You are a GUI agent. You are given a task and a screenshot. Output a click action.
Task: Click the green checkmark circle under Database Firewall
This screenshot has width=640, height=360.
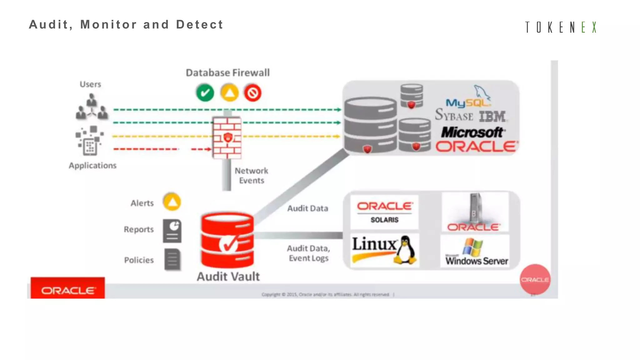click(205, 93)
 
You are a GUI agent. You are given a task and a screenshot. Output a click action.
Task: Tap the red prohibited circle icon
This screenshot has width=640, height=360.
click(252, 93)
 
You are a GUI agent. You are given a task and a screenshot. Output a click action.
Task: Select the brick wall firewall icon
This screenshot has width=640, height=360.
click(227, 138)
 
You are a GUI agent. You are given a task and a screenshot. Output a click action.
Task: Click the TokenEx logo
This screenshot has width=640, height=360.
click(561, 27)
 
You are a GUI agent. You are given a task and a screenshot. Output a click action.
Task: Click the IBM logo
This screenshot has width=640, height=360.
click(492, 117)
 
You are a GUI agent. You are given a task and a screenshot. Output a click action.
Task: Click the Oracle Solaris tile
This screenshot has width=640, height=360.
click(384, 212)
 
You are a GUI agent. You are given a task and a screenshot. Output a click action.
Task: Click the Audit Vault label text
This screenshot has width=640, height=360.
click(228, 277)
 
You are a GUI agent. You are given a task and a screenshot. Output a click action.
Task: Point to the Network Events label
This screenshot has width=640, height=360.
click(252, 176)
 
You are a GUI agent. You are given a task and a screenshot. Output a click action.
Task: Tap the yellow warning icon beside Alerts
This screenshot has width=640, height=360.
click(172, 202)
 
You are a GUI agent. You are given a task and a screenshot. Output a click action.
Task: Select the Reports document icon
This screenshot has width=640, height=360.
click(172, 231)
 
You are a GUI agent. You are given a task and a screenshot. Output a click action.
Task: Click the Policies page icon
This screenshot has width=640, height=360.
click(172, 259)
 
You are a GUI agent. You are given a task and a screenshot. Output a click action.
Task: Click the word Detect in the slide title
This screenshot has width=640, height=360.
click(200, 25)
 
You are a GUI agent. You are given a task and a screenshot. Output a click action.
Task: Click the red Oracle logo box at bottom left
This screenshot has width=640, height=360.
click(68, 288)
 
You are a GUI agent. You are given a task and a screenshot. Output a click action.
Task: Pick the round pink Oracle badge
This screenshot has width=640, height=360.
click(535, 279)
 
